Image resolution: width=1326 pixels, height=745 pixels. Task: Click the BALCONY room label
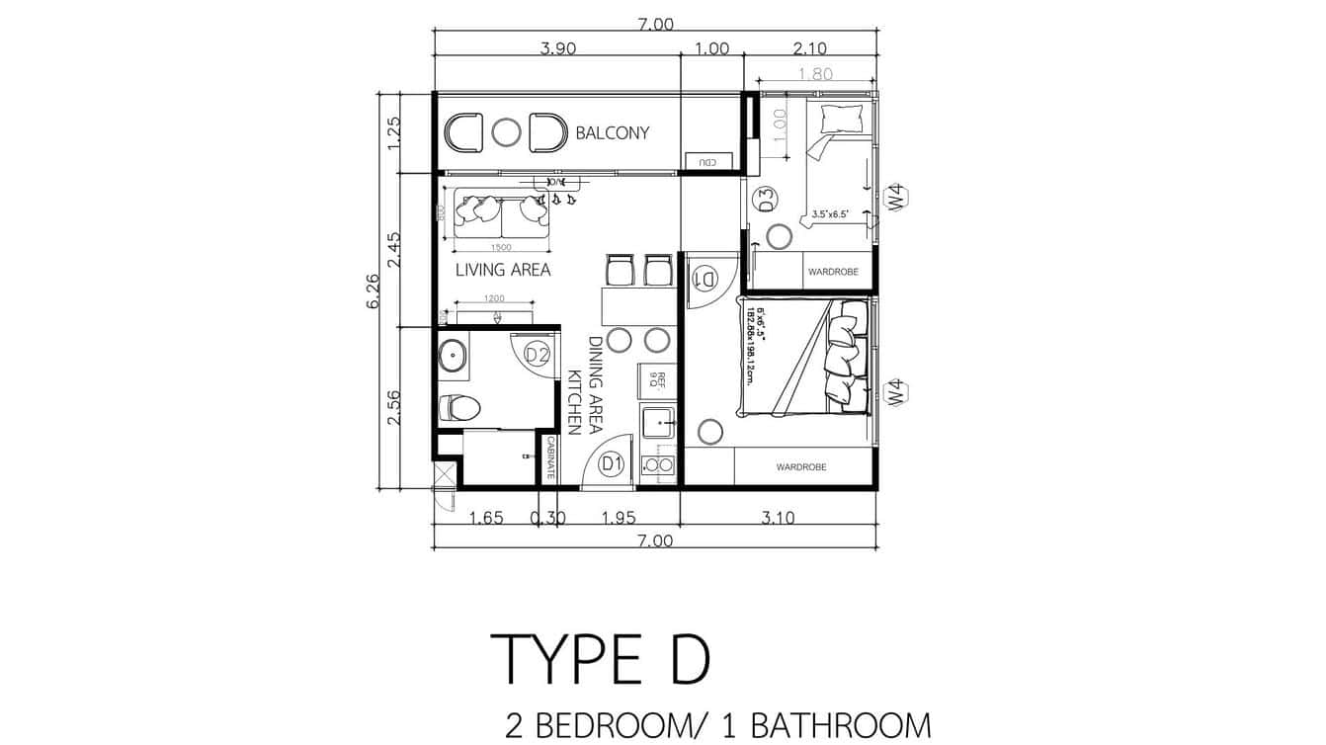(x=612, y=132)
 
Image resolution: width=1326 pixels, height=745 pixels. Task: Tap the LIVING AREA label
(x=502, y=269)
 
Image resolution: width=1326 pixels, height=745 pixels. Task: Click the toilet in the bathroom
(x=459, y=406)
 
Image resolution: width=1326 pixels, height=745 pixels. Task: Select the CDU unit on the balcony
(x=707, y=161)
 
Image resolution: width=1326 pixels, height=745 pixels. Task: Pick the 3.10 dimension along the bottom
(x=779, y=517)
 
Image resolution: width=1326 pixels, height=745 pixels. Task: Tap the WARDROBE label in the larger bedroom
(x=800, y=467)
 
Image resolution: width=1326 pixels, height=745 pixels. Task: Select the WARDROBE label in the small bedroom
(x=833, y=271)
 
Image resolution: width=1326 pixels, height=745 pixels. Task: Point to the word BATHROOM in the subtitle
(x=841, y=726)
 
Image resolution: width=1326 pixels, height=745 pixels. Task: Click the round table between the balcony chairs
(x=506, y=132)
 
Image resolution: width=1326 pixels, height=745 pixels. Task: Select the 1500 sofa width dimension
(x=500, y=247)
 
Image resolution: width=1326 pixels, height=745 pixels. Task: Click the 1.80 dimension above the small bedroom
(x=815, y=73)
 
